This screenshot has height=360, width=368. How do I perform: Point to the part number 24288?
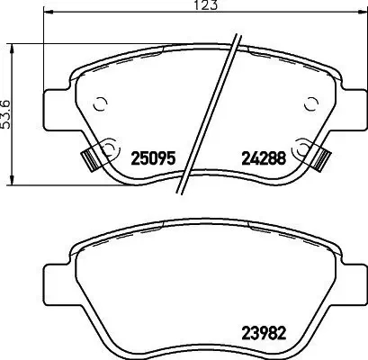click(x=262, y=157)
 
